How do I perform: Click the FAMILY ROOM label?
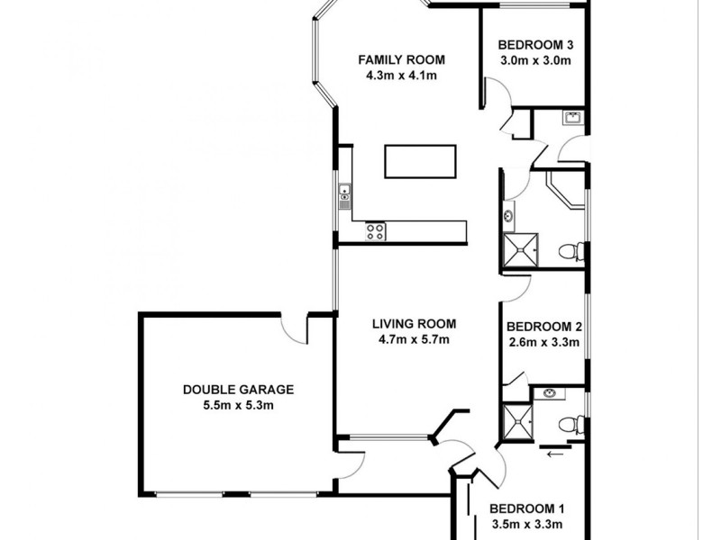[x=402, y=60]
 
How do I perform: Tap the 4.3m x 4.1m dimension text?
[x=402, y=76]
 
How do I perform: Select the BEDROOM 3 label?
[x=536, y=45]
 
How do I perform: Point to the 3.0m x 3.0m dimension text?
[x=536, y=60]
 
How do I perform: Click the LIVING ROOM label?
[x=415, y=324]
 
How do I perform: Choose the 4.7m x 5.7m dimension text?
[x=415, y=339]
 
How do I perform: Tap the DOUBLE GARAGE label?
[x=238, y=390]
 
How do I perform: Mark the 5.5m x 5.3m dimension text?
[x=238, y=405]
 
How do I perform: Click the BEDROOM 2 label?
[x=543, y=327]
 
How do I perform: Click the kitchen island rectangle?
[x=420, y=161]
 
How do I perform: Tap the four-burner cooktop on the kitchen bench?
[x=376, y=231]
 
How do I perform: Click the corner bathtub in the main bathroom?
[x=569, y=191]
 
